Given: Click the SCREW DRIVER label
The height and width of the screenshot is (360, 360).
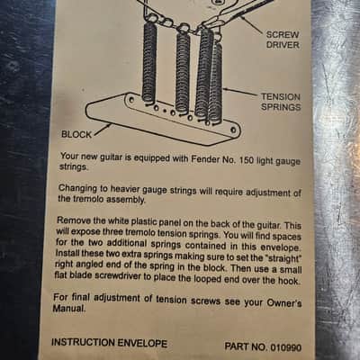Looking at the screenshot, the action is point(283,40).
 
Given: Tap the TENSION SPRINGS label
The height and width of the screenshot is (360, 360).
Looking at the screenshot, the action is point(281,102).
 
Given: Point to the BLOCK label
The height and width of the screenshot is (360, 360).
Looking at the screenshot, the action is point(76,134).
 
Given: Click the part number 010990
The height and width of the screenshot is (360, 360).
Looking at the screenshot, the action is point(286,347).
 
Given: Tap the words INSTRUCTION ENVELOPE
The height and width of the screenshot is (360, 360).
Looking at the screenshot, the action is point(109,343).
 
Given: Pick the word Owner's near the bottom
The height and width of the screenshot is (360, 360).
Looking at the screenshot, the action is point(284,302).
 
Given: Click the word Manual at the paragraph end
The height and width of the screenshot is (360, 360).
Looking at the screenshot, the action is point(69,308).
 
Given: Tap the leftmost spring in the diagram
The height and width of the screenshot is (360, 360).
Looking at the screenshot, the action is point(148,62).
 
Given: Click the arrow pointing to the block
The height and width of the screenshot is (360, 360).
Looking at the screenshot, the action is point(102,130).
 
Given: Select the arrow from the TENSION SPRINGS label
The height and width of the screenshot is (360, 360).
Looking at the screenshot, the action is point(240,91).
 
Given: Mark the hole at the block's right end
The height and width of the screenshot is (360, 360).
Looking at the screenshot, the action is point(233,130).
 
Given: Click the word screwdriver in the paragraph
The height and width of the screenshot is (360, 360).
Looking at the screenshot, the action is point(118,276).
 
